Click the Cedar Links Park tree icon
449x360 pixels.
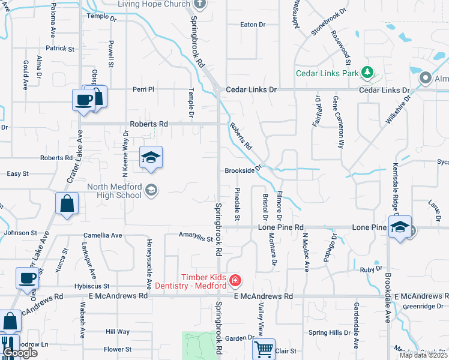pyautogui.click(x=368, y=74)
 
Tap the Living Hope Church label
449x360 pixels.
pyautogui.click(x=153, y=4)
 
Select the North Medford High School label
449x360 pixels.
pyautogui.click(x=115, y=190)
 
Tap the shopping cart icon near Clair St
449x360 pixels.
pyautogui.click(x=264, y=348)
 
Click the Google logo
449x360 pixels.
pyautogui.click(x=19, y=353)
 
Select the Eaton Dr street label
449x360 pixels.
pyautogui.click(x=252, y=25)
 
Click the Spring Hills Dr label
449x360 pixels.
pyautogui.click(x=329, y=332)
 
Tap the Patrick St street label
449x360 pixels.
pyautogui.click(x=59, y=48)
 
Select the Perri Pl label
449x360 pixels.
pyautogui.click(x=143, y=89)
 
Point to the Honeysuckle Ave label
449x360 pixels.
pyautogui.click(x=148, y=262)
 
